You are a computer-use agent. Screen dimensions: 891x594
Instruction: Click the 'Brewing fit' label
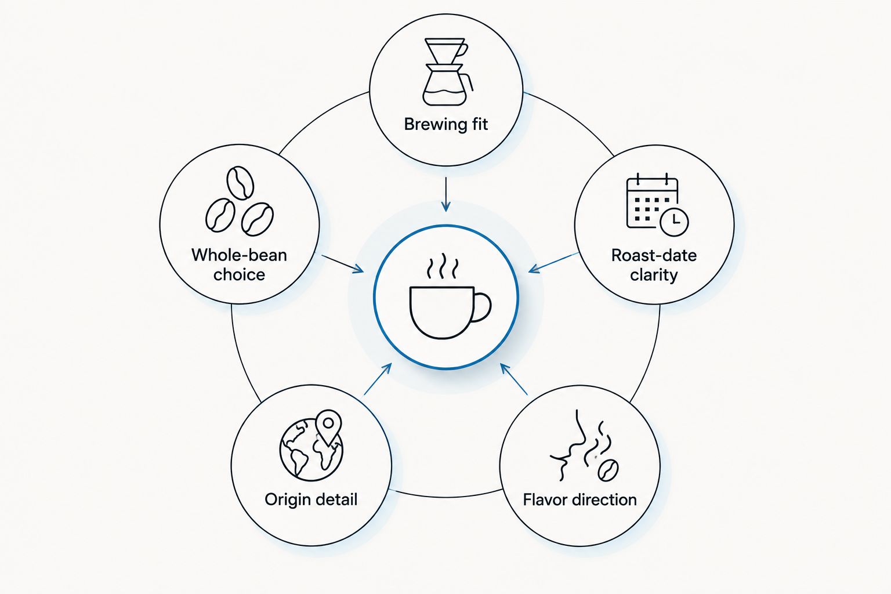coord(446,124)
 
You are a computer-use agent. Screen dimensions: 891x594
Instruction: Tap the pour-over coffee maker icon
coord(447,72)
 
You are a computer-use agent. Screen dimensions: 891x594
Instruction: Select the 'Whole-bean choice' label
coord(239,265)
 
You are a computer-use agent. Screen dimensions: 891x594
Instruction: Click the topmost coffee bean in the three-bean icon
coord(240,183)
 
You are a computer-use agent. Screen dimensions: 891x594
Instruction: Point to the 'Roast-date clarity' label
coord(654,265)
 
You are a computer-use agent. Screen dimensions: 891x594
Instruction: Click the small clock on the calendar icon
coord(674,222)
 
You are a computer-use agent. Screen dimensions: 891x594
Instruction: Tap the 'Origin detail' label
coord(311,499)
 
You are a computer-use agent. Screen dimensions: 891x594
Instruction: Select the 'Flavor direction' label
coord(579,499)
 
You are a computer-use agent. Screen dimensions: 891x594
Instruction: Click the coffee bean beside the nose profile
coord(608,470)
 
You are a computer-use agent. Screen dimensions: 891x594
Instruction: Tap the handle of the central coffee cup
coord(483,307)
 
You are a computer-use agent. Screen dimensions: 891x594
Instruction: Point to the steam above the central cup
coord(443,266)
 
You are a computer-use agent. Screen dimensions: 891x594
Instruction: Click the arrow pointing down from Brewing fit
coord(446,194)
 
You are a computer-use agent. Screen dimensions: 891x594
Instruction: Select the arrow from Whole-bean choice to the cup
coord(342,264)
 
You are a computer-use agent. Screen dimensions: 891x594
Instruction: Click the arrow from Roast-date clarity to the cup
coord(554,263)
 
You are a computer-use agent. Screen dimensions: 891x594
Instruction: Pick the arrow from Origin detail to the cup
coord(378,379)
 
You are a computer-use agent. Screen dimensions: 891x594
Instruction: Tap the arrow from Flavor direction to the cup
coord(514,379)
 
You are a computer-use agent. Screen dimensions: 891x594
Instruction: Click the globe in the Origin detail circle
coord(311,450)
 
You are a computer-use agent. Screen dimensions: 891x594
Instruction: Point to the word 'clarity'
coord(654,275)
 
